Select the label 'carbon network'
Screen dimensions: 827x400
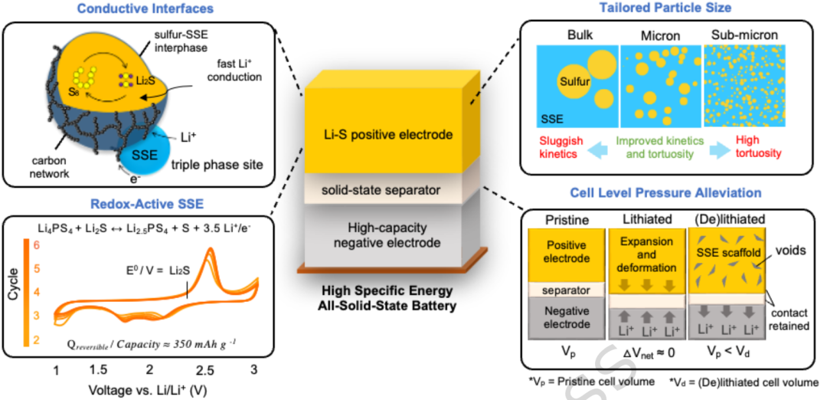[x=49, y=168]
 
